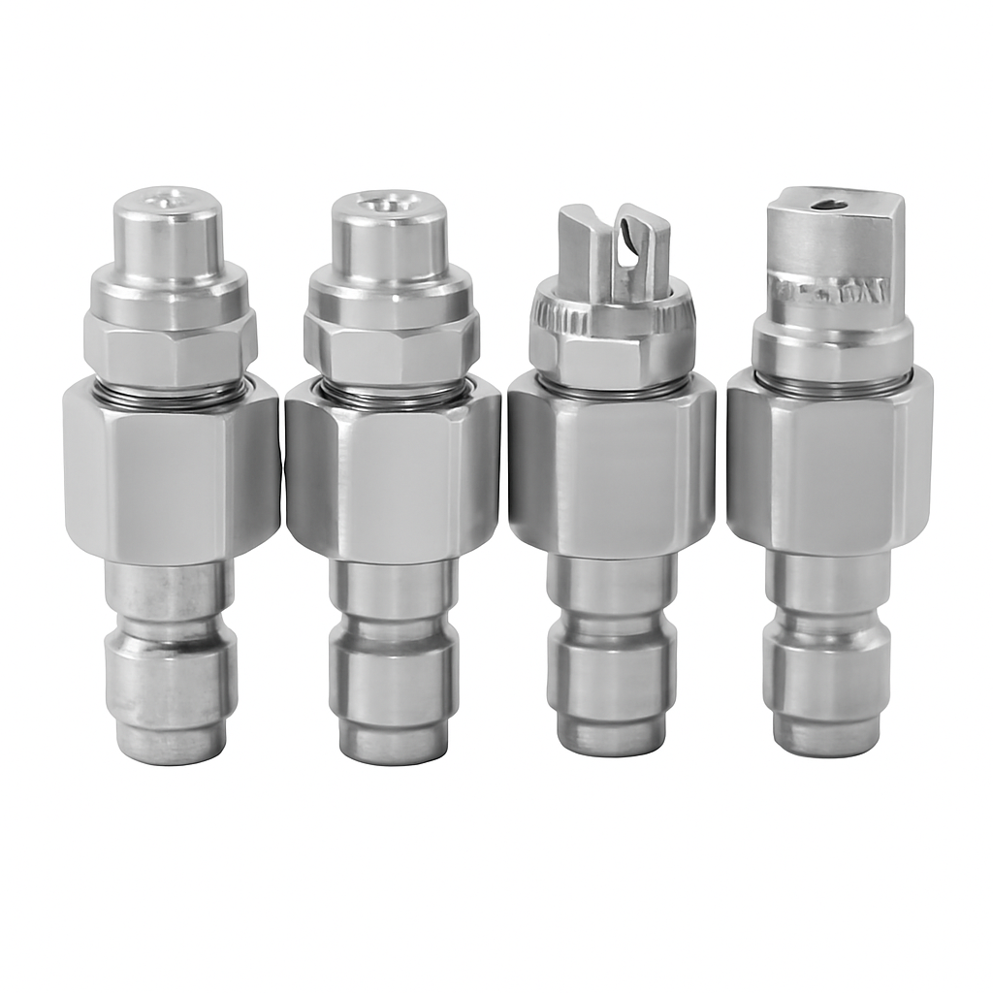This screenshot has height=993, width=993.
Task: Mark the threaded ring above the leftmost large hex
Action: pyautogui.click(x=171, y=392)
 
